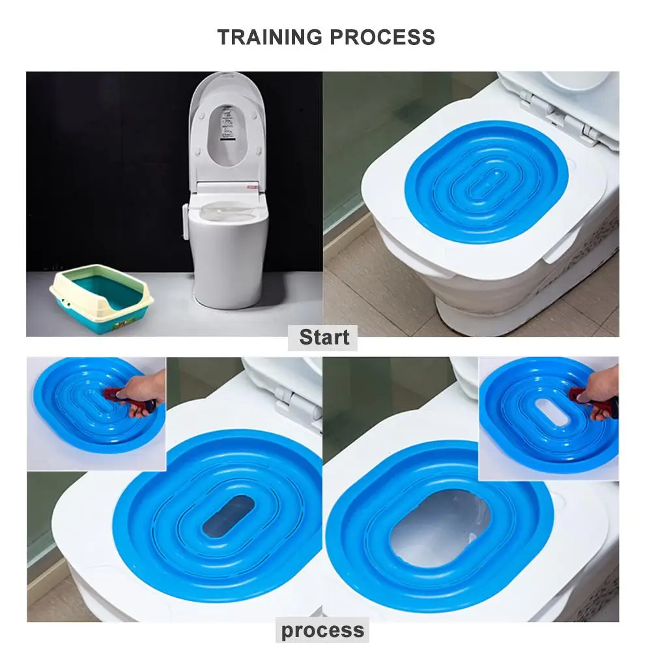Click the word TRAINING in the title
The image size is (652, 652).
pos(270,37)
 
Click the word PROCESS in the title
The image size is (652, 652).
pos(382,37)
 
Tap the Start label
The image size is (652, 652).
pos(324,337)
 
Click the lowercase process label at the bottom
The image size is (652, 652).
pos(322,630)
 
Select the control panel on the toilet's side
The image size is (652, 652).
pos(186,222)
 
